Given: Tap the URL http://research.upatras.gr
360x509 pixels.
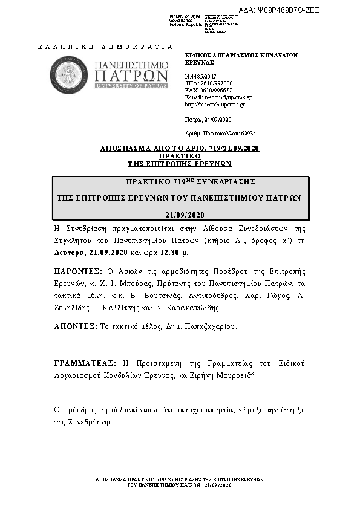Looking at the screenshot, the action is (215, 104).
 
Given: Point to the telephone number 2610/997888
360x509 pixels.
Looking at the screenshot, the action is (211, 83).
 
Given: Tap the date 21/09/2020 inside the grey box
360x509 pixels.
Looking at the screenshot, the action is (185, 215).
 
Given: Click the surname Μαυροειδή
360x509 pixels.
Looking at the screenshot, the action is (233, 375).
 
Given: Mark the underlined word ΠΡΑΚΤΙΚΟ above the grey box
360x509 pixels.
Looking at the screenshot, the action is (180, 156).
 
